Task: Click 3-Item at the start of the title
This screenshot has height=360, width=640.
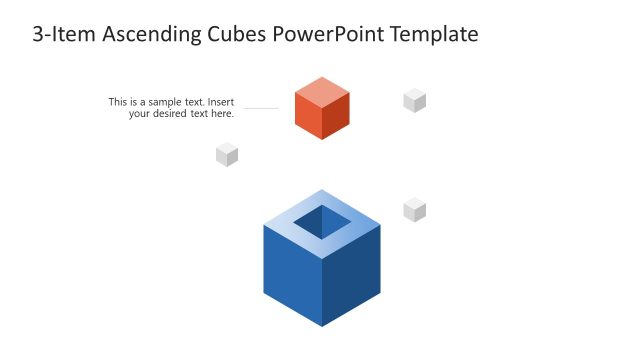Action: (x=56, y=35)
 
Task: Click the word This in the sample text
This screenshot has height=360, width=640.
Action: (x=118, y=102)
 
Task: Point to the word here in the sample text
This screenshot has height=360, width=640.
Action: (x=220, y=114)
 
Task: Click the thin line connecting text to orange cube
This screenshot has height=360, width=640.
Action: (x=260, y=108)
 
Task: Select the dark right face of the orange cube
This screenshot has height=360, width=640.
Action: (x=336, y=117)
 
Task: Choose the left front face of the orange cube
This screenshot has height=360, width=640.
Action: (x=308, y=117)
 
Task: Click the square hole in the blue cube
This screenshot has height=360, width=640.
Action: (x=322, y=222)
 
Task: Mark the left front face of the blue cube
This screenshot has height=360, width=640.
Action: (x=292, y=272)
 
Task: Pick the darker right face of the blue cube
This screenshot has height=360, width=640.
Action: (x=352, y=272)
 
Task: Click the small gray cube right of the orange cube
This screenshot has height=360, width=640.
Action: (x=415, y=100)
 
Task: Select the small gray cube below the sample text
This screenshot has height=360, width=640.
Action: (x=227, y=154)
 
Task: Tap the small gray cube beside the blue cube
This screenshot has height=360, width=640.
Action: (x=415, y=210)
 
